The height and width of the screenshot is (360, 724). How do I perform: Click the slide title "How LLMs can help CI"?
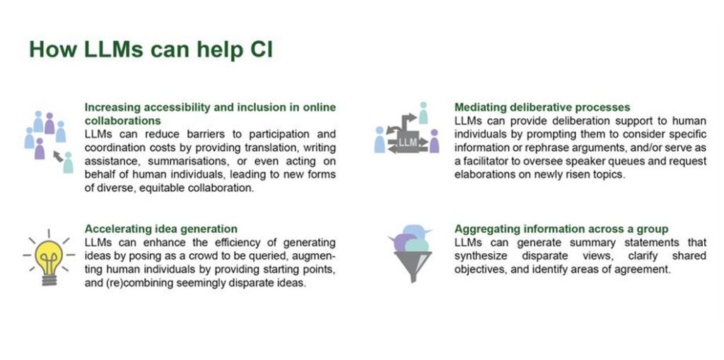point(151,49)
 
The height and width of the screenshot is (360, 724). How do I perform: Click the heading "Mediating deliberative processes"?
point(542,108)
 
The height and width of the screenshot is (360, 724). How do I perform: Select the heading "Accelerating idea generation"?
point(161,228)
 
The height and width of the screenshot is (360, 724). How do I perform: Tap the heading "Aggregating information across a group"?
point(561,228)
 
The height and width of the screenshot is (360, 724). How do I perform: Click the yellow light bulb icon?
point(49,257)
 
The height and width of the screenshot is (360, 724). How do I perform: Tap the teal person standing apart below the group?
point(69,163)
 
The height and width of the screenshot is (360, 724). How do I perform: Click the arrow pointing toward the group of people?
point(58,156)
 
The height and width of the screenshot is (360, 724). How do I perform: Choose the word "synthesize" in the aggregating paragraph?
point(481,256)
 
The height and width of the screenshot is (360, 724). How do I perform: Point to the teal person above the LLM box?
point(423,112)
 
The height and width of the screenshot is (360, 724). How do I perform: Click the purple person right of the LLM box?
point(434,141)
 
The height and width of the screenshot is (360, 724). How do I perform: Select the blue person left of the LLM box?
point(380,140)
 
